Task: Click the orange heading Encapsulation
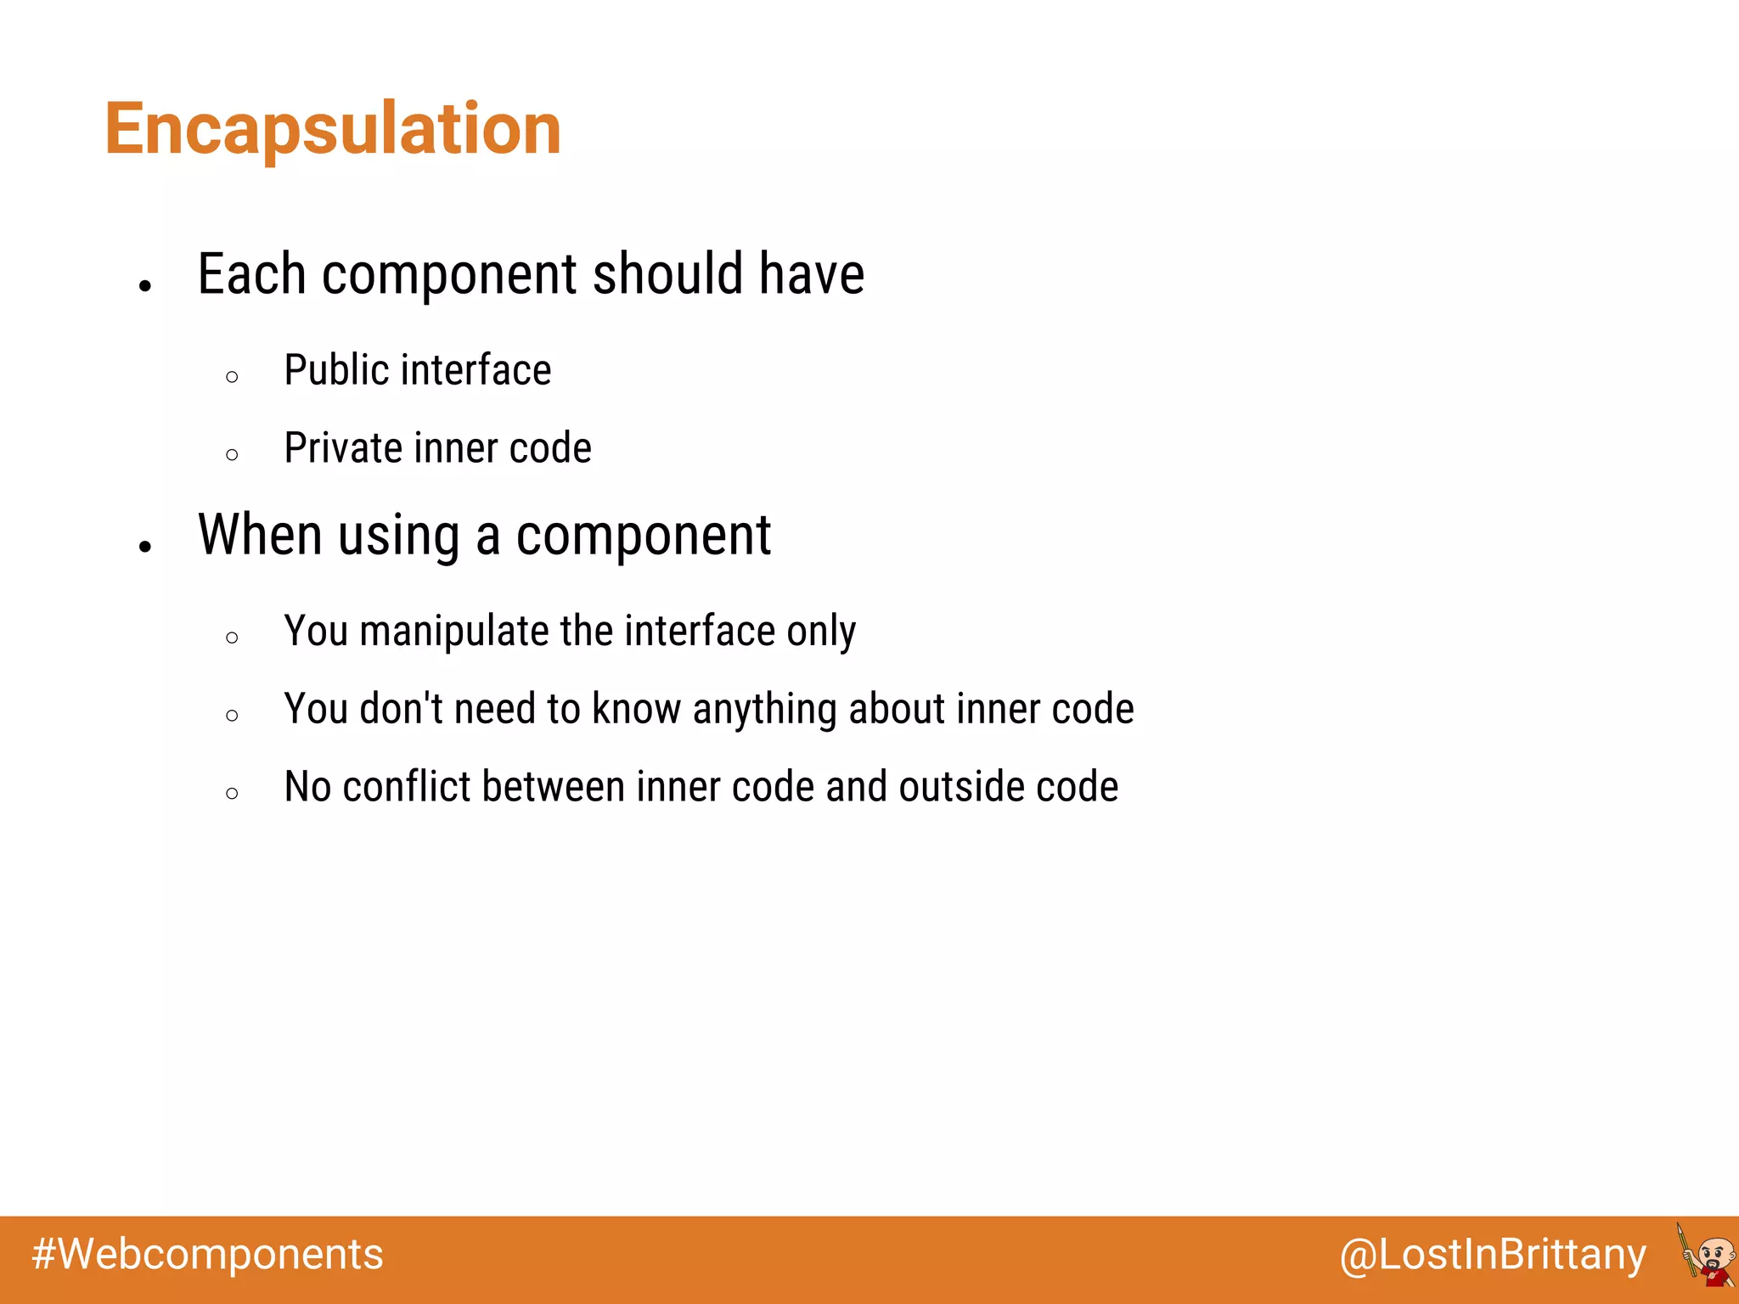[x=333, y=129]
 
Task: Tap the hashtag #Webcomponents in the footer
[x=208, y=1254]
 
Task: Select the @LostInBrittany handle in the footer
[x=1493, y=1254]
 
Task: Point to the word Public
[x=336, y=370]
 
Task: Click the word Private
[x=342, y=448]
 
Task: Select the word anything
[x=764, y=709]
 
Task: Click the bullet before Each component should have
[x=145, y=286]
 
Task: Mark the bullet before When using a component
[x=145, y=547]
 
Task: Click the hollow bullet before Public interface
[x=233, y=376]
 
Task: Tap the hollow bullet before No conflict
[x=233, y=793]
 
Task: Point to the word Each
[x=251, y=274]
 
